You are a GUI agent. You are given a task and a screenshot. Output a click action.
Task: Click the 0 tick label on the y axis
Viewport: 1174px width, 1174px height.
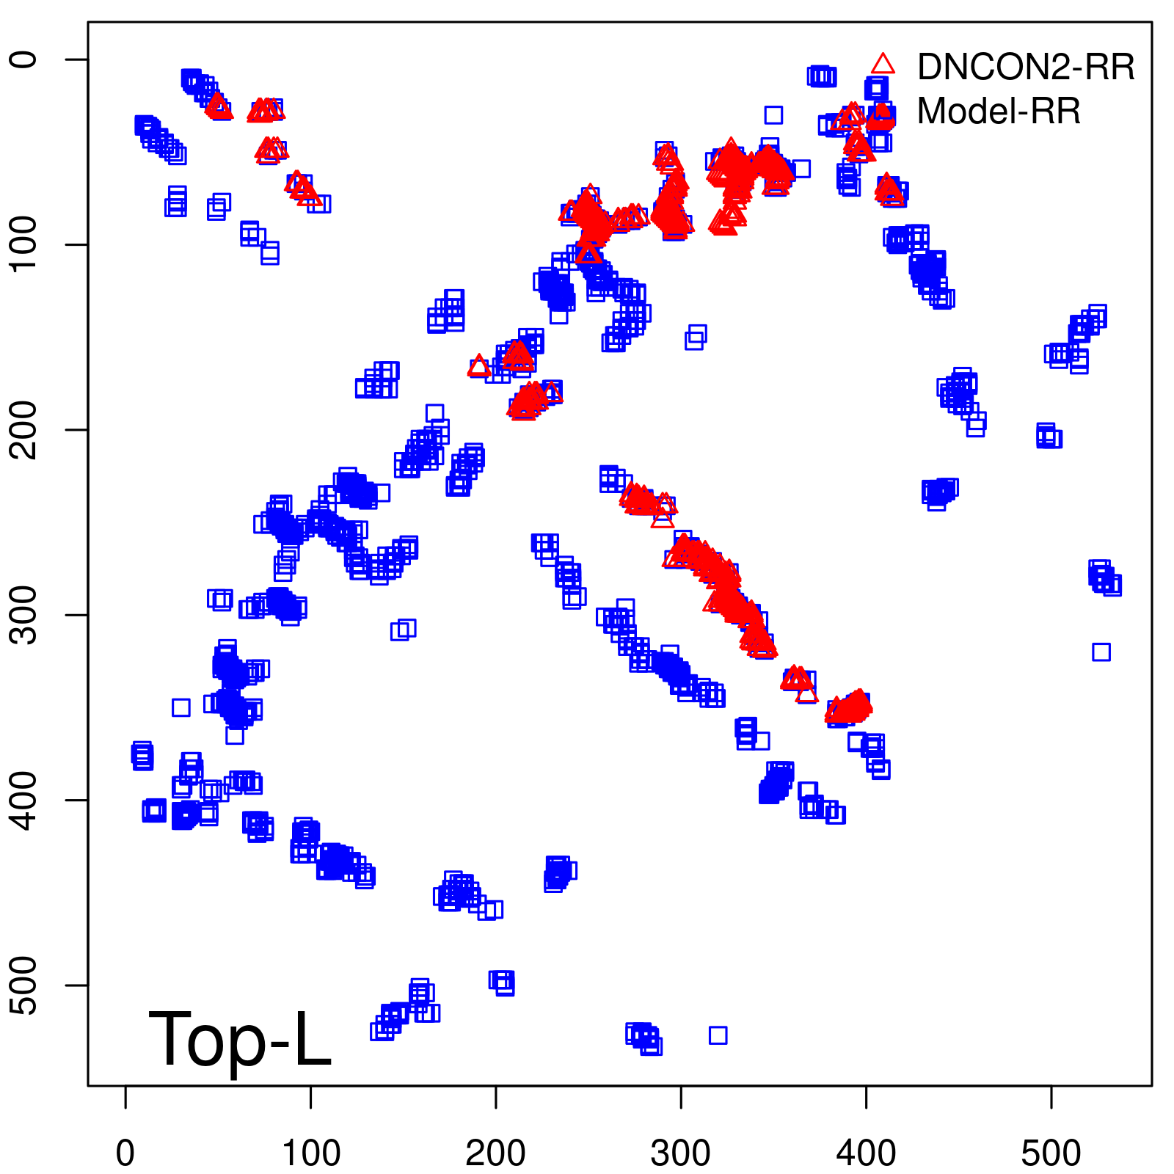click(26, 59)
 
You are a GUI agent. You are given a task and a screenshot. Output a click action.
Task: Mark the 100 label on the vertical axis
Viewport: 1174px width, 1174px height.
click(26, 244)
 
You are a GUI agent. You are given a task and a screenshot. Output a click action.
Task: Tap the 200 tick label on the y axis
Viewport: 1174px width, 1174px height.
click(26, 430)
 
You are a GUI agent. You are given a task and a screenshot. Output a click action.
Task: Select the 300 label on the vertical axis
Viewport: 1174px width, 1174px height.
click(26, 615)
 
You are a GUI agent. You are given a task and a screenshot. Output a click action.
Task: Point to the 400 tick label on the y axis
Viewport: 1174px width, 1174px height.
click(26, 800)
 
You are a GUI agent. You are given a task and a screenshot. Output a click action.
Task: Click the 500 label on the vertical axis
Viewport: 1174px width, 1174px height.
click(26, 985)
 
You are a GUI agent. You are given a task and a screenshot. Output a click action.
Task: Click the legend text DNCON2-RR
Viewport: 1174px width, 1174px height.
click(1026, 67)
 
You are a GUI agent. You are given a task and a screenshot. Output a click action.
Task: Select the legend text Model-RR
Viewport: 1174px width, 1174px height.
click(999, 112)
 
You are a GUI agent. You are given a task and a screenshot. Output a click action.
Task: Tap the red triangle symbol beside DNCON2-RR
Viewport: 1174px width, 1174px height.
click(883, 64)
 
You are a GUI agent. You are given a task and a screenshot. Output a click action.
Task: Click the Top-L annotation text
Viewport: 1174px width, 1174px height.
click(240, 1038)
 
